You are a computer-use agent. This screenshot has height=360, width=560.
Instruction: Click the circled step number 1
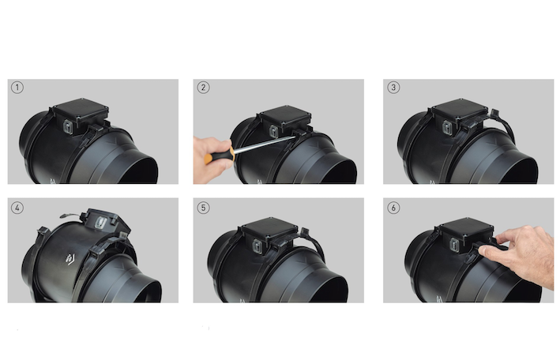[x=17, y=88]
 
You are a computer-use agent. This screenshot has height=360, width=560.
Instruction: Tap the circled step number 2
[x=203, y=88]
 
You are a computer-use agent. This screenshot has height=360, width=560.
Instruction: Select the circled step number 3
[x=393, y=88]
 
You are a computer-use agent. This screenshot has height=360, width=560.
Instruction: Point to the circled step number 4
[x=17, y=208]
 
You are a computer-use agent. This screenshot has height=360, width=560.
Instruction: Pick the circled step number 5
[x=203, y=208]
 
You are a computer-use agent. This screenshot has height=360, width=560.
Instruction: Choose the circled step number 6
[x=393, y=208]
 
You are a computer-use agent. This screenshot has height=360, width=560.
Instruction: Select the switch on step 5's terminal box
[x=258, y=246]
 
